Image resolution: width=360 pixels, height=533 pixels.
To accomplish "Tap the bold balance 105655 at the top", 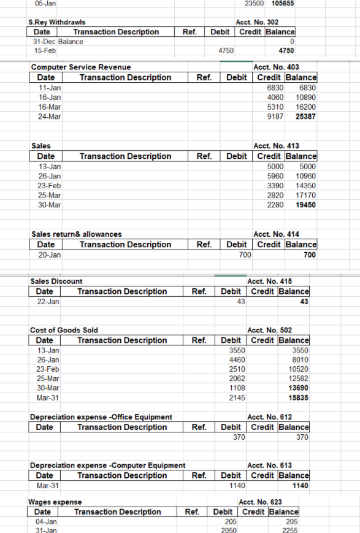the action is click(x=282, y=3).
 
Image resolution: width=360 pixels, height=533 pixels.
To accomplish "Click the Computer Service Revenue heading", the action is click(x=81, y=67).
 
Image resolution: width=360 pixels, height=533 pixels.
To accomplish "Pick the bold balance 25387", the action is click(x=306, y=117).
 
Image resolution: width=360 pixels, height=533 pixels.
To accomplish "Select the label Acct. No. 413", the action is click(x=277, y=146).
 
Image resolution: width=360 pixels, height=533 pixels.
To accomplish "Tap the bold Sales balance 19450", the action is click(x=305, y=205).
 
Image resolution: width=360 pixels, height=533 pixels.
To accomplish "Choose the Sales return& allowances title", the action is click(x=77, y=234).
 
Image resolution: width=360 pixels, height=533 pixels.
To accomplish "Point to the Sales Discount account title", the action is click(x=56, y=281).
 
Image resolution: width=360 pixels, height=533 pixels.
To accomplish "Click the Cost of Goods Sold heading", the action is click(x=64, y=330).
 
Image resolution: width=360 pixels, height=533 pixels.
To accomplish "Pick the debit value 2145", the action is click(x=237, y=398).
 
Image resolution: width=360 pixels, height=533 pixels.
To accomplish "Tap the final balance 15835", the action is click(x=298, y=398).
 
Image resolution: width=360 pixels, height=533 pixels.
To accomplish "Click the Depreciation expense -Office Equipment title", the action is click(x=101, y=417).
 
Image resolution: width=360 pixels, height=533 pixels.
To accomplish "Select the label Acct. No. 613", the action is click(x=269, y=465).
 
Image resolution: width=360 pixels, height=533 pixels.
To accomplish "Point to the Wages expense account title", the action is click(x=55, y=502).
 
